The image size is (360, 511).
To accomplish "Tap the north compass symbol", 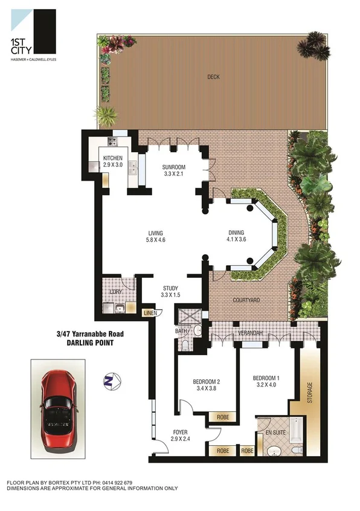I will (109, 381).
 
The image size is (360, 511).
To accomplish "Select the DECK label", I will (213, 77).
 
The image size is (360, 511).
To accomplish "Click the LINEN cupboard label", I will (150, 313).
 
